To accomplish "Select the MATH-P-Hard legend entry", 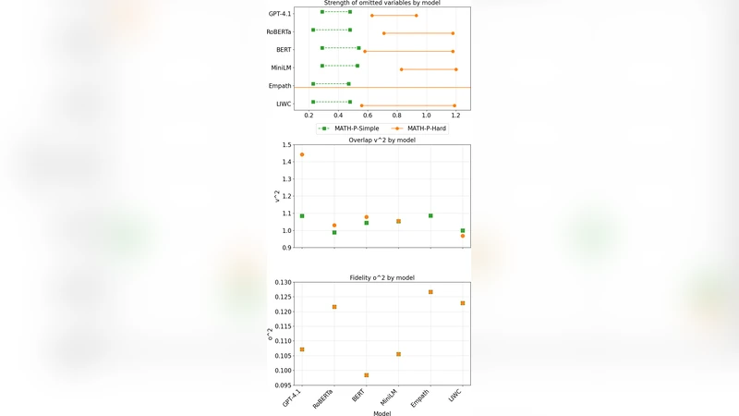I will tap(420, 128).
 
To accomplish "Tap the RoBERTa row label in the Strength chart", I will tap(279, 32).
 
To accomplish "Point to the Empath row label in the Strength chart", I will tap(280, 86).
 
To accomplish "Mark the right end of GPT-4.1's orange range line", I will tap(416, 16).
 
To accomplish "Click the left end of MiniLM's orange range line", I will tap(401, 69).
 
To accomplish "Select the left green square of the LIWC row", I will tap(313, 103).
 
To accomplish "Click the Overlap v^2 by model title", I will tap(382, 141).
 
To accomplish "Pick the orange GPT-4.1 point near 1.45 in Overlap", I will tap(302, 154).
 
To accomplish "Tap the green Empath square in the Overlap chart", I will tap(430, 215).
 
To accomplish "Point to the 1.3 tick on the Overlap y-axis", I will tap(285, 179).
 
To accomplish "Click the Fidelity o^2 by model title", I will tap(382, 277).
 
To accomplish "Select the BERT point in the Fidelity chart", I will tap(367, 375).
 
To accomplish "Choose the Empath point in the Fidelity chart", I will tap(430, 292).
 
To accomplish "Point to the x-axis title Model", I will tap(382, 413).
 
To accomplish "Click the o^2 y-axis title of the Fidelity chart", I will tap(271, 333).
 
